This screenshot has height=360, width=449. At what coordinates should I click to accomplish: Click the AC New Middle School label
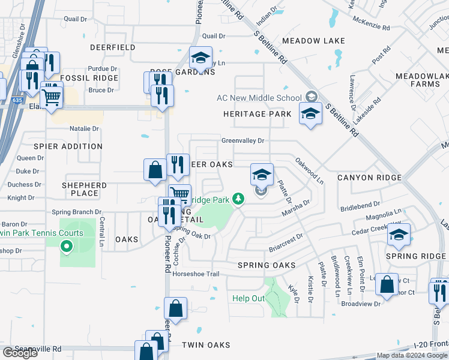tap(259, 98)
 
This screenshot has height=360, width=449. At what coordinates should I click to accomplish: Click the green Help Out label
tap(249, 299)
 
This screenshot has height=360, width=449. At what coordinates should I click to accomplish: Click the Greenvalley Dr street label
tap(243, 141)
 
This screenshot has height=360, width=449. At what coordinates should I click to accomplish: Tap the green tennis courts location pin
tap(67, 246)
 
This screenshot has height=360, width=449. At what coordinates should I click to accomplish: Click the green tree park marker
tap(239, 199)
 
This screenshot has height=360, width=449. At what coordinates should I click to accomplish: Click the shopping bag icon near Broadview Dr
tap(387, 284)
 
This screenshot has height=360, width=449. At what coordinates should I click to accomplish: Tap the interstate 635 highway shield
tap(16, 101)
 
